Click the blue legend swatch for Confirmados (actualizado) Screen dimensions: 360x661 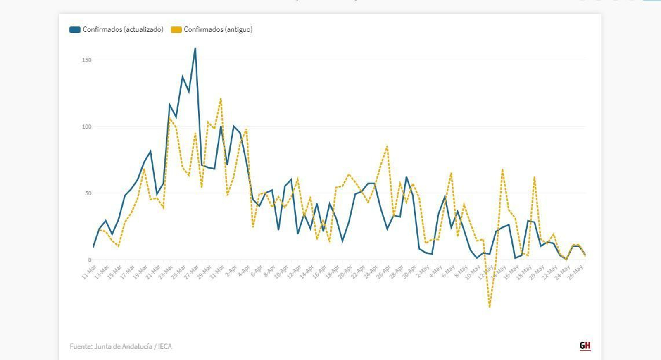coord(75,30)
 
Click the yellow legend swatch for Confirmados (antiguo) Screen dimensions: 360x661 coord(176,30)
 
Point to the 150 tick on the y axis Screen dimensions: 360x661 coord(87,60)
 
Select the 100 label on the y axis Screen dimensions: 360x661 coord(87,127)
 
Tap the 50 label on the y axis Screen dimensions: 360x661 coord(88,193)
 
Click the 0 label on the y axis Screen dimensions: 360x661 coord(90,260)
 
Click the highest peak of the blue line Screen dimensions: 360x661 coord(195,48)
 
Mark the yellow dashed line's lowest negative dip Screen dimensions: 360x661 coord(490,306)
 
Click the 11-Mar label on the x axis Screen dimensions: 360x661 coord(89,272)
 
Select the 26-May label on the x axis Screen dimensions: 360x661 coord(575,272)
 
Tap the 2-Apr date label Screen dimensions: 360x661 coord(231,272)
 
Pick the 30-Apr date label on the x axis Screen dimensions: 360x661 coord(409,272)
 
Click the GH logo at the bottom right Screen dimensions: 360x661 coord(585,346)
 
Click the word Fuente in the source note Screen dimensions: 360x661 coord(81,346)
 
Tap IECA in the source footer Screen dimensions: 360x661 coord(165,346)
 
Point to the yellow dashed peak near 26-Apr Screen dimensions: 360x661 coord(387,146)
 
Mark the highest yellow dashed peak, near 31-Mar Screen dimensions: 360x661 coord(221,98)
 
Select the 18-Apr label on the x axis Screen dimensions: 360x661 coord(332,272)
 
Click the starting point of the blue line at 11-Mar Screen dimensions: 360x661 coord(94,247)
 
